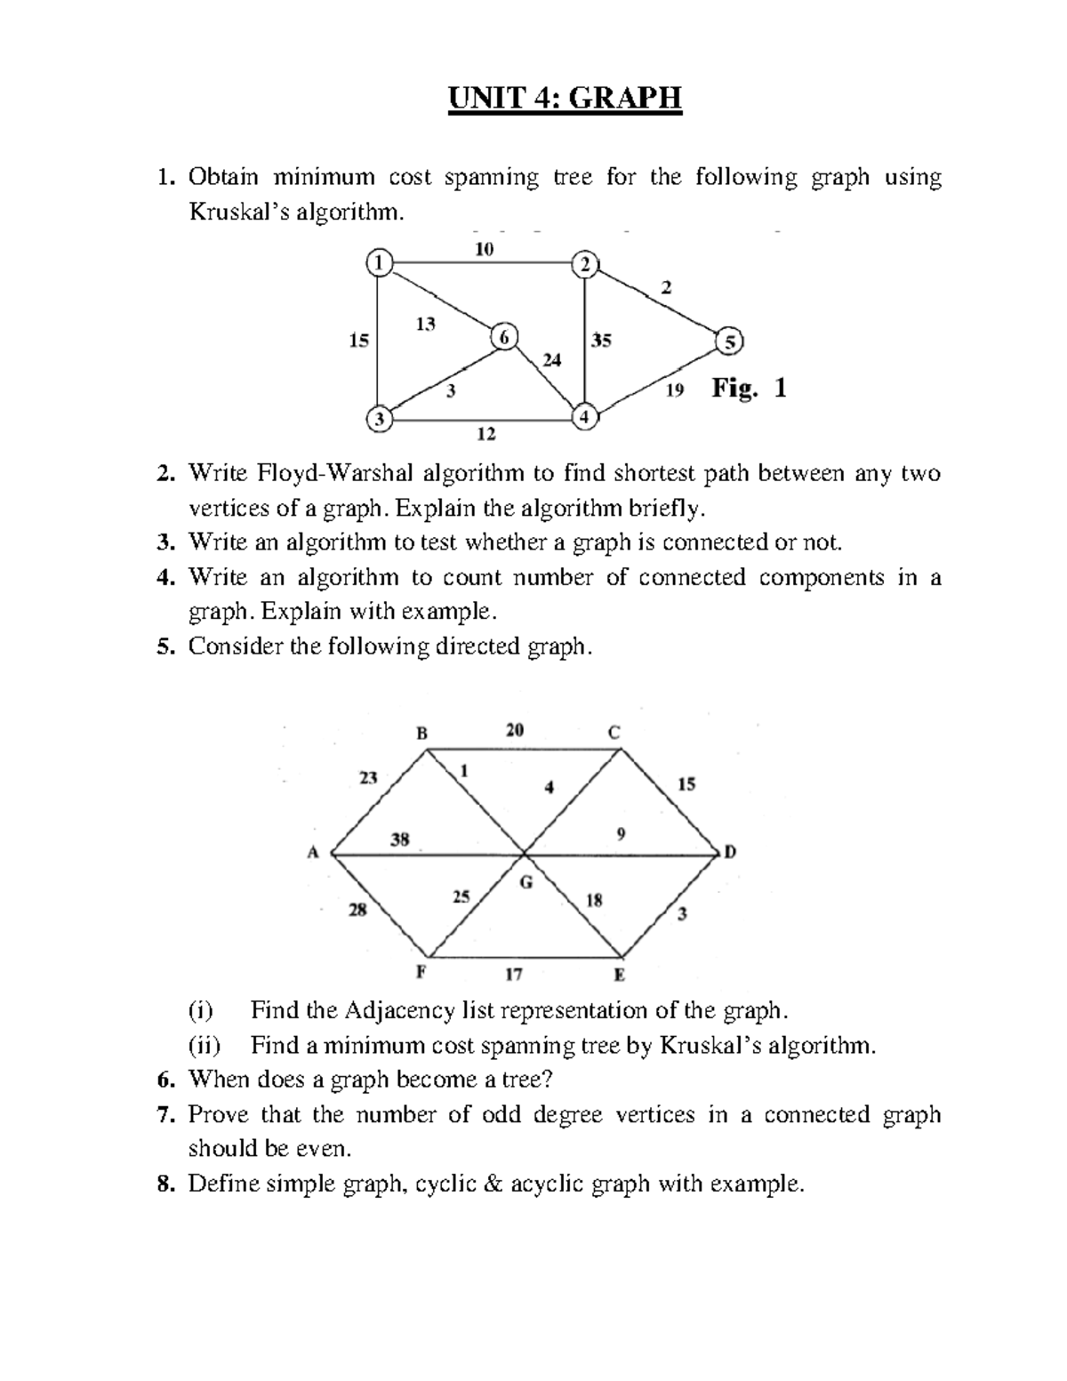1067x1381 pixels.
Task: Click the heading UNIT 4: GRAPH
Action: (565, 99)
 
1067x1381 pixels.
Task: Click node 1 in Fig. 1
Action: (378, 261)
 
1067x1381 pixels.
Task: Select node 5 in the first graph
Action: (731, 341)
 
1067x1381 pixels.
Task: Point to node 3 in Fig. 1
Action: (379, 419)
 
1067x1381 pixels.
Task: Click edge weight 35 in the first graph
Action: (601, 340)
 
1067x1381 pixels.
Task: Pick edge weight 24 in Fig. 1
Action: (551, 360)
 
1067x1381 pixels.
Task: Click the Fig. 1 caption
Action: (749, 389)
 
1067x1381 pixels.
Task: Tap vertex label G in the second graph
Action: (525, 882)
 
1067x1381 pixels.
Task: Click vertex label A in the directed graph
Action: (312, 853)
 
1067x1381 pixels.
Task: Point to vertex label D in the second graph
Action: (730, 853)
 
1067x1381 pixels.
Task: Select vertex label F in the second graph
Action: (422, 971)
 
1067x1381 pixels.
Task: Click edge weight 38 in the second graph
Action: (400, 839)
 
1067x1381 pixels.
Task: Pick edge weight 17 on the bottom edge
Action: (514, 974)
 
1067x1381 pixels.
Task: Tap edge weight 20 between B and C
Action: (515, 730)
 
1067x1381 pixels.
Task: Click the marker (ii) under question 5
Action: (205, 1046)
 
